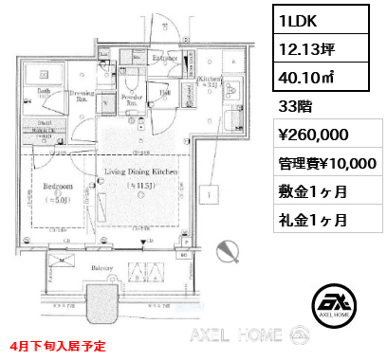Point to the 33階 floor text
tap(294, 97)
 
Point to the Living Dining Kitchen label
tap(142, 172)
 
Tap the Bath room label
tap(44, 91)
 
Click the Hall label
tap(165, 92)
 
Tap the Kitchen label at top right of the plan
tap(211, 80)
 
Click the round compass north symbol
tap(228, 250)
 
